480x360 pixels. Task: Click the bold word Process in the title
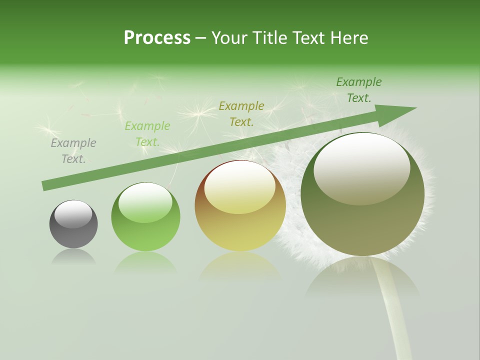(x=157, y=38)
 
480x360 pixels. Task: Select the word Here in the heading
(x=349, y=38)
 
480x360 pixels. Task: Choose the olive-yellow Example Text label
(x=241, y=113)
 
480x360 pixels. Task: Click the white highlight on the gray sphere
(x=73, y=213)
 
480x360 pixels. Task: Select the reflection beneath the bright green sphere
(x=145, y=263)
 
